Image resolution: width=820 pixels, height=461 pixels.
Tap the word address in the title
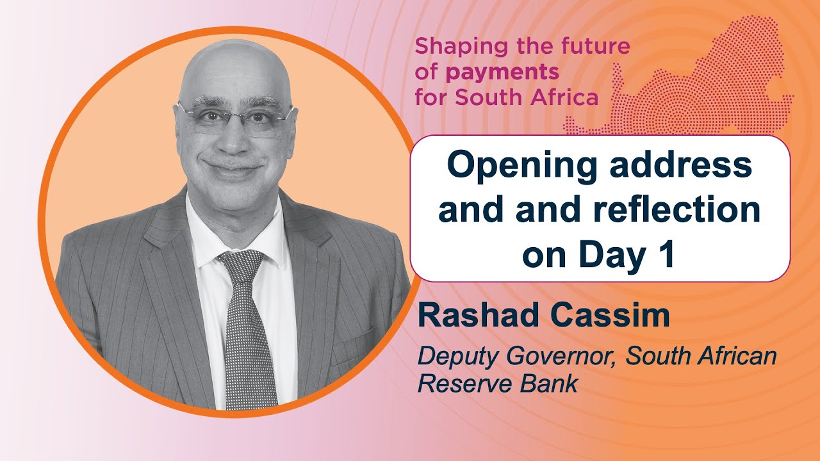tap(687, 166)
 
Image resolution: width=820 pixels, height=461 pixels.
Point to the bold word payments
tap(503, 72)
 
